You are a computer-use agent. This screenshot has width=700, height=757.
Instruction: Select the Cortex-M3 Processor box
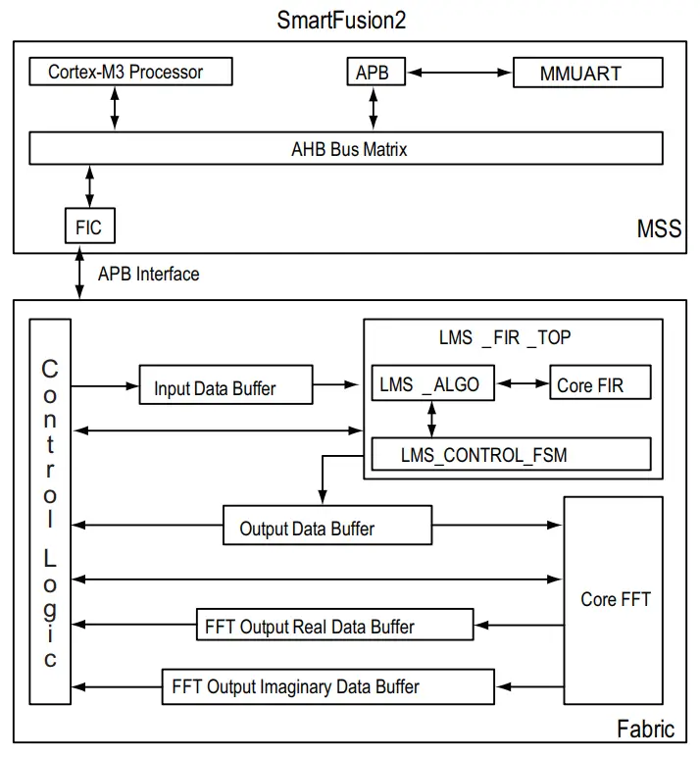(129, 72)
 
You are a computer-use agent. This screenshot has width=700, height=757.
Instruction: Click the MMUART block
(588, 73)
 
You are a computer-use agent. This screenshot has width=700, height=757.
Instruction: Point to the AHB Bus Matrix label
(349, 149)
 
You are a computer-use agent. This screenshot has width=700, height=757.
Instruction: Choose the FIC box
(88, 227)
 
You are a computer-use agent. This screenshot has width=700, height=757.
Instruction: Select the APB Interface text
(148, 274)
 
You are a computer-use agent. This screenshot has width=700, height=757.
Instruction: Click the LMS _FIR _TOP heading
(504, 337)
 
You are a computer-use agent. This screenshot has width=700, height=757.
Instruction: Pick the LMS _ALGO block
(432, 384)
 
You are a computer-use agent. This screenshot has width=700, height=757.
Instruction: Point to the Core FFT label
(615, 599)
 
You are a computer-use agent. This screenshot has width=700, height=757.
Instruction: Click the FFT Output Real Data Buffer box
(309, 626)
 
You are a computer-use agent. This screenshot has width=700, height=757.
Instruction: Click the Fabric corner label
(645, 729)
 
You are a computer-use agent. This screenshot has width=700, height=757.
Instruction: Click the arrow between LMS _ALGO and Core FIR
(523, 384)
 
